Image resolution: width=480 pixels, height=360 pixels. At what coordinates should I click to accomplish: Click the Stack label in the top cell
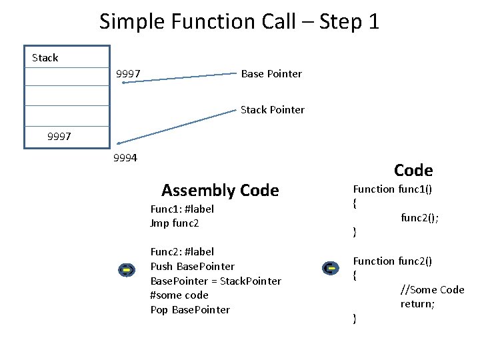pyautogui.click(x=45, y=58)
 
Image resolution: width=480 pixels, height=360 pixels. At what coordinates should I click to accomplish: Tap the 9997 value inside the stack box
pyautogui.click(x=60, y=137)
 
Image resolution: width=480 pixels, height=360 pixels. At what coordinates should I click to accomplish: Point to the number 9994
pyautogui.click(x=125, y=158)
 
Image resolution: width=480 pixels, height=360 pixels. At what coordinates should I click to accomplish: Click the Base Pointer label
pyautogui.click(x=271, y=73)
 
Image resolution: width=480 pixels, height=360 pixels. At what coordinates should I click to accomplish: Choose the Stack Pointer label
pyautogui.click(x=272, y=109)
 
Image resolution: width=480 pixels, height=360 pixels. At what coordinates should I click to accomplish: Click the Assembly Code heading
pyautogui.click(x=220, y=191)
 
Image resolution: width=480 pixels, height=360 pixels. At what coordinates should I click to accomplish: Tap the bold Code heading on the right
pyautogui.click(x=413, y=170)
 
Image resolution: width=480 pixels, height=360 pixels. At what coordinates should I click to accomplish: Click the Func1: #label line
pyautogui.click(x=182, y=209)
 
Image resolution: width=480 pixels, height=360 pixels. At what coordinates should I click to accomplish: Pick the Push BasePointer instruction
pyautogui.click(x=192, y=267)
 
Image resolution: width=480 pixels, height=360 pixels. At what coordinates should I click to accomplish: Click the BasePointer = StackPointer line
pyautogui.click(x=215, y=281)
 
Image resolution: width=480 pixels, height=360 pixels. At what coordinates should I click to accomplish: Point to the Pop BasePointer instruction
pyautogui.click(x=190, y=309)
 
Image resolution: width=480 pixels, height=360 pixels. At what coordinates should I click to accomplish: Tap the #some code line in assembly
pyautogui.click(x=179, y=295)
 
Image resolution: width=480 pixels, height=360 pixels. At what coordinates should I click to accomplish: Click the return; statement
pyautogui.click(x=417, y=304)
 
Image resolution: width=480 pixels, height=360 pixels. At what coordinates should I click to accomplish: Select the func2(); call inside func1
pyautogui.click(x=419, y=217)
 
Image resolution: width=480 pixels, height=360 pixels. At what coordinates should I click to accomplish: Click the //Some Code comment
pyautogui.click(x=432, y=289)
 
